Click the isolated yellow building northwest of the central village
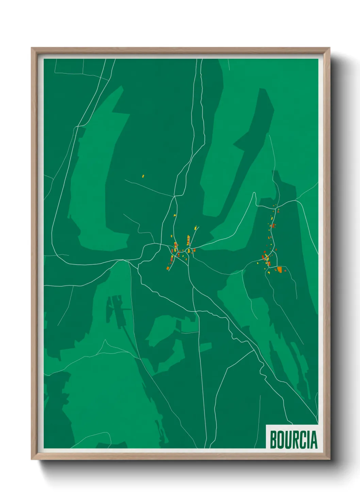click(x=143, y=176)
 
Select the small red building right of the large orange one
click(x=285, y=270)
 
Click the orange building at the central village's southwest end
click(x=168, y=268)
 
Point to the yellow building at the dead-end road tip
click(x=196, y=227)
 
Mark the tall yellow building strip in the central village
click(x=188, y=239)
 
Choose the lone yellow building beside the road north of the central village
click(x=175, y=215)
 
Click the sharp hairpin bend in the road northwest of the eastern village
click(x=254, y=193)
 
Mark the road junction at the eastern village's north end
click(x=277, y=207)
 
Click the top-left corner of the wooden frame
click(x=32, y=48)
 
